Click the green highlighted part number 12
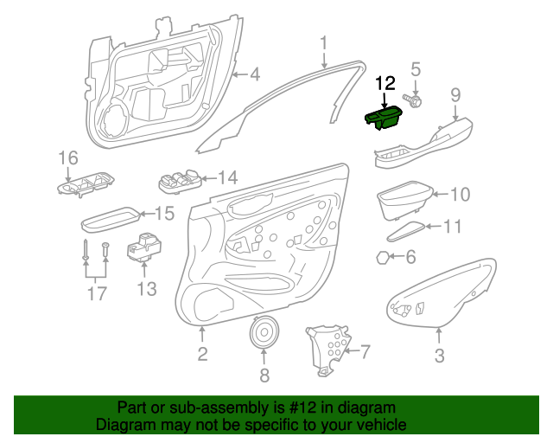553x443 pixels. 383,119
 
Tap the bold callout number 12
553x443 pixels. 385,84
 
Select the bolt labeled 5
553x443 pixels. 413,100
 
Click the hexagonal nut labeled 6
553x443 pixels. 382,258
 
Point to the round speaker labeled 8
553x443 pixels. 264,331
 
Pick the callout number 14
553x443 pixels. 228,177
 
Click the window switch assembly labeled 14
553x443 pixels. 181,181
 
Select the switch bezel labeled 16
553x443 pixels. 86,184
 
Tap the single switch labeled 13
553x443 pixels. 144,247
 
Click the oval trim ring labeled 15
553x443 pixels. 111,219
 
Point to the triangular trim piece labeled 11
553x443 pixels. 406,231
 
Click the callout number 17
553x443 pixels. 97,293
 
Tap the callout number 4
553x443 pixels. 255,74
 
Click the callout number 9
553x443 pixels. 455,95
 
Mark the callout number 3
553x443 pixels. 439,356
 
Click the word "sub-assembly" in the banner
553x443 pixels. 219,408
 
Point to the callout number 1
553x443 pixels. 323,43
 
